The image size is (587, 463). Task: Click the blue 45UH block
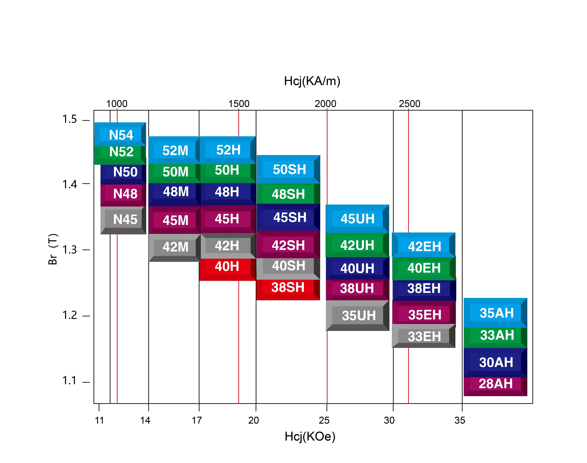coord(357,219)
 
